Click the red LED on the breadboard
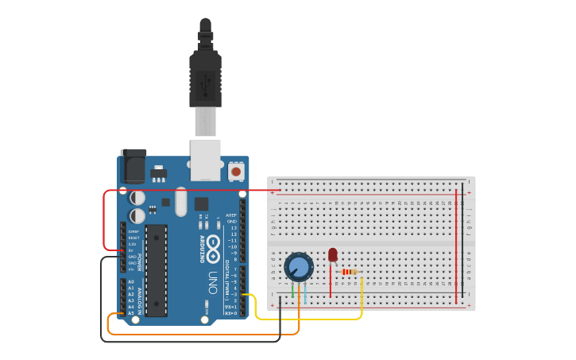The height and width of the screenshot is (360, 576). click(332, 255)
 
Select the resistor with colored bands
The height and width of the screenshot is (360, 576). click(350, 272)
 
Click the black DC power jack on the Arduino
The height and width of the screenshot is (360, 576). click(132, 168)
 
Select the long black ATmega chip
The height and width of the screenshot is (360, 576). click(156, 270)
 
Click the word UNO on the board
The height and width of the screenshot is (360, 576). click(212, 282)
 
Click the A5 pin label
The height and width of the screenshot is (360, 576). click(131, 313)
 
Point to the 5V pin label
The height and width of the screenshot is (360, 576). click(131, 250)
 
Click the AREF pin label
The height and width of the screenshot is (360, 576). click(231, 215)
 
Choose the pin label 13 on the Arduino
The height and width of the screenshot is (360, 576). click(233, 227)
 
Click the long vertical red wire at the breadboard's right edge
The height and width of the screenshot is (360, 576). click(456, 246)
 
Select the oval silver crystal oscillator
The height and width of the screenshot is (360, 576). click(181, 201)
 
